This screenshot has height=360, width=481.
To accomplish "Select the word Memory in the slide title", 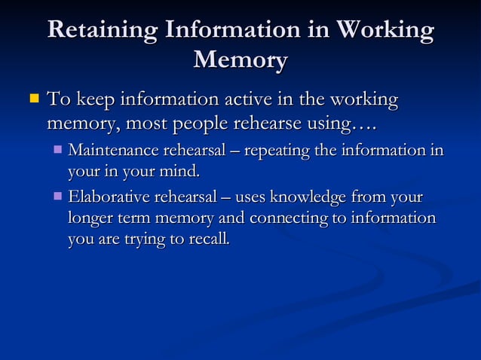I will pos(240,59).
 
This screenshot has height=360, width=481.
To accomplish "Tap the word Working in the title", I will pos(384,30).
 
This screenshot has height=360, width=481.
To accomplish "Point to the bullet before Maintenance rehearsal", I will pos(59,150).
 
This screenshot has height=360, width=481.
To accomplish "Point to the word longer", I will pos(89,218).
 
